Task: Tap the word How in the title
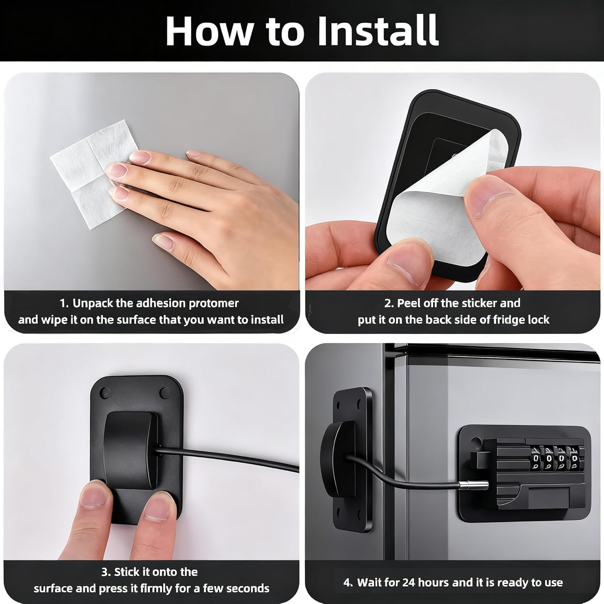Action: (210, 31)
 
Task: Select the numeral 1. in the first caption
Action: (64, 303)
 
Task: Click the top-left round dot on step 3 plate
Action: (105, 391)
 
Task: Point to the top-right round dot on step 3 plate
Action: (165, 392)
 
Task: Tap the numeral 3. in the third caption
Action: (106, 572)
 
